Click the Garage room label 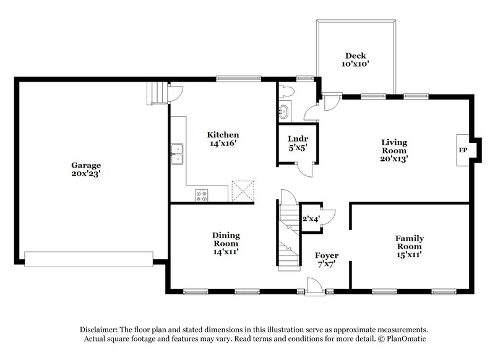85,169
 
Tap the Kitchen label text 223,139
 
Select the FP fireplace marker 462,150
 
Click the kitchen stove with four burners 202,195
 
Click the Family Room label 409,246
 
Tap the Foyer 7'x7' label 326,259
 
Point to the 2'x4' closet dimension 310,218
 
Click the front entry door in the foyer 314,287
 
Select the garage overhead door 88,259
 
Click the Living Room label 394,150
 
